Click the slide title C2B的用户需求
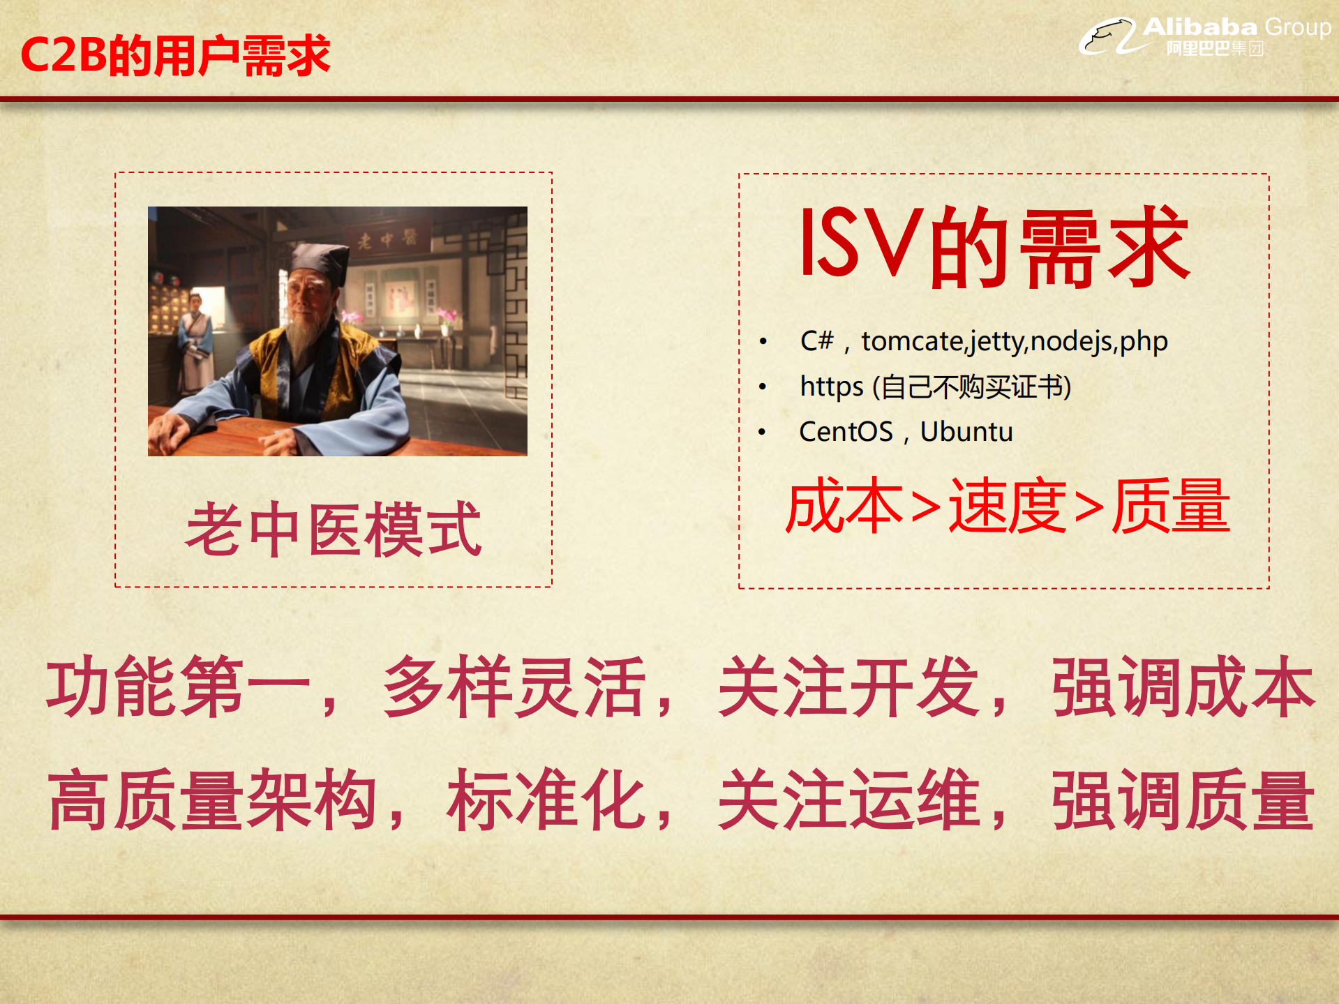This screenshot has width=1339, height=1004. pos(175,55)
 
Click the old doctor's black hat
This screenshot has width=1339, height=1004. pos(317,261)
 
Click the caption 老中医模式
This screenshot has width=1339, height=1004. pos(334,530)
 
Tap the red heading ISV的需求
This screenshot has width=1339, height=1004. pos(995,247)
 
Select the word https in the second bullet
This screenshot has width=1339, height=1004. pos(831,387)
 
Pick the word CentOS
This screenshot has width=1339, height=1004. pos(846,432)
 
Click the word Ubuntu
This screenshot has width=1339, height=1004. pos(966,432)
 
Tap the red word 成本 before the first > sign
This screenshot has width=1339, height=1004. pos(845,507)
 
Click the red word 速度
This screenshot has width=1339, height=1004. pos(1007,507)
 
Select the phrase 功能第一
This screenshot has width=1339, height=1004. pos(178,687)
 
